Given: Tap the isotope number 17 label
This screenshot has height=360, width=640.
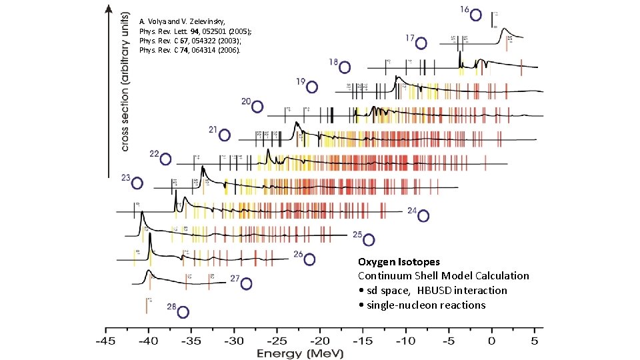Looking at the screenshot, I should [411, 38].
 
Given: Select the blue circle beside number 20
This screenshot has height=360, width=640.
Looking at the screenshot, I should [257, 107].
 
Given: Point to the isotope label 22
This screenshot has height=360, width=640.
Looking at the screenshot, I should [154, 154].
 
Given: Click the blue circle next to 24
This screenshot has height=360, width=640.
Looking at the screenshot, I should [423, 215].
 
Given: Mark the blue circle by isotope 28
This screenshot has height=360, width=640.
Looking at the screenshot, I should [183, 312].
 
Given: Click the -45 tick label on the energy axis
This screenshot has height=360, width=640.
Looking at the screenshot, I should [105, 341].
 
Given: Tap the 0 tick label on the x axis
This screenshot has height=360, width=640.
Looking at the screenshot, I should [491, 341].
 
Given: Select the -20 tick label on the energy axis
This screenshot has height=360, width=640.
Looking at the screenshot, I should [319, 341].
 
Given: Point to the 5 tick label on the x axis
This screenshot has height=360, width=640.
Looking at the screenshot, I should [534, 341].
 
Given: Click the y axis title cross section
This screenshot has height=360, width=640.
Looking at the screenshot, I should [125, 79].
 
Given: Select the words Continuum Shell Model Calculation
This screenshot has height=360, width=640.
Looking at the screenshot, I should [443, 276].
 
